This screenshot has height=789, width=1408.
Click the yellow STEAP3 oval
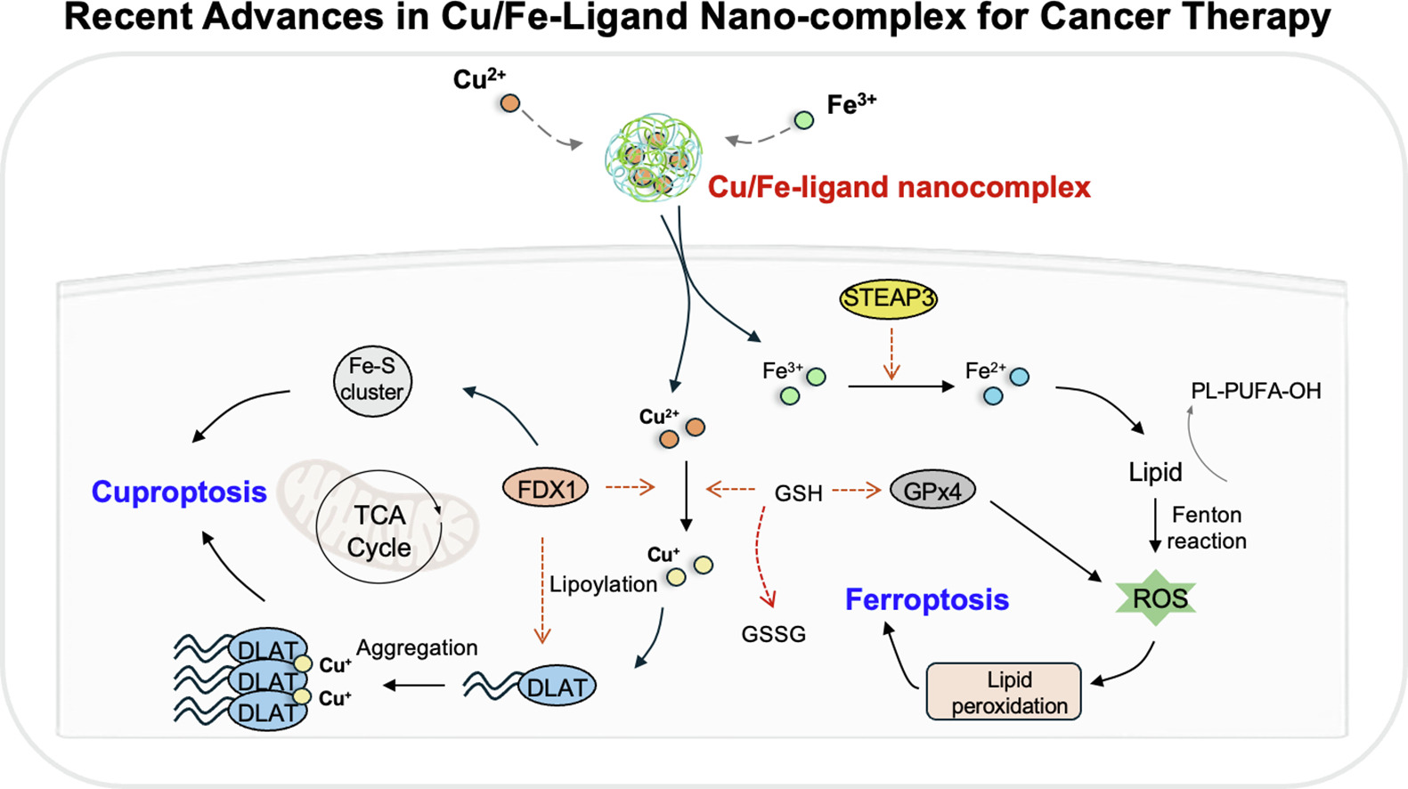click(888, 298)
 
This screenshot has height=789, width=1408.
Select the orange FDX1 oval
click(546, 488)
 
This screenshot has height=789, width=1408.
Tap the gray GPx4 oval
click(932, 490)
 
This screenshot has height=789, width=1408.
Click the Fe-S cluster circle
click(372, 379)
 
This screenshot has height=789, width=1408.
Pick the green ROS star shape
click(1157, 598)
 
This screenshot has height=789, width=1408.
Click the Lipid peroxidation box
click(1004, 692)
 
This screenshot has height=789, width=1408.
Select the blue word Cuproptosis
click(179, 492)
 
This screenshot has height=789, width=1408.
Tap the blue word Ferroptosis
click(927, 599)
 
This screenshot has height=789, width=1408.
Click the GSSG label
click(773, 634)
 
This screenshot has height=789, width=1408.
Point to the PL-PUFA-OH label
click(1256, 391)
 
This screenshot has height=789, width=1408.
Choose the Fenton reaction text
click(1207, 528)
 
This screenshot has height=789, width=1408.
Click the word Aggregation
click(417, 647)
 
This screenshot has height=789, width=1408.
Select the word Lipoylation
click(603, 584)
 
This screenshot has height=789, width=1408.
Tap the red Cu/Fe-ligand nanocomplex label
click(899, 187)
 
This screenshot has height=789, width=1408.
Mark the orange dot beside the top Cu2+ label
click(509, 103)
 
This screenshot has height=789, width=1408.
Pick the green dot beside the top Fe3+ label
click(804, 120)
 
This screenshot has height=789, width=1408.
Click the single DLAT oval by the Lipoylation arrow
click(558, 687)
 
